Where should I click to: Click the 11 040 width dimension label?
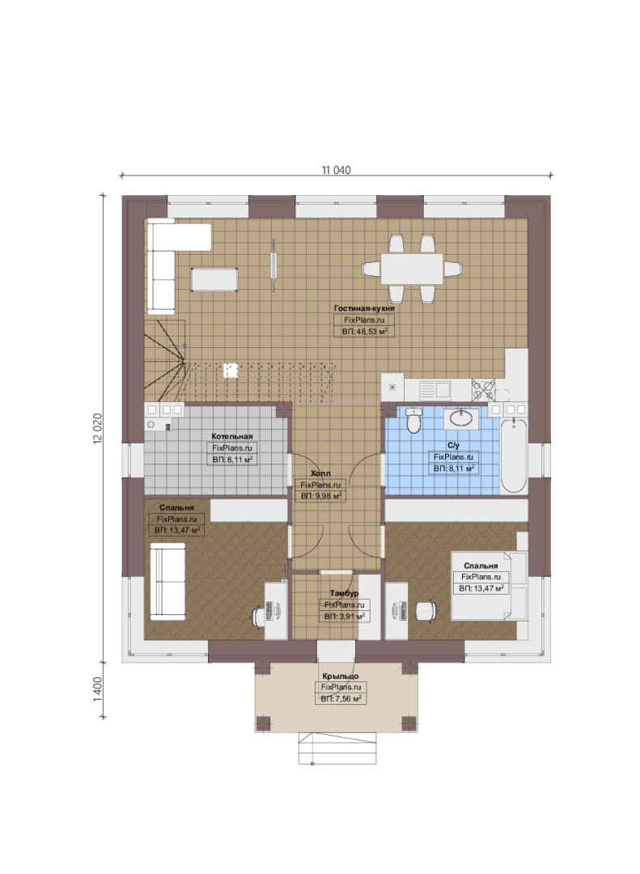(336, 170)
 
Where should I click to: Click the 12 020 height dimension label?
(98, 429)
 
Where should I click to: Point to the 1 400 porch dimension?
(98, 689)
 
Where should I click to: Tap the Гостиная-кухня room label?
(365, 308)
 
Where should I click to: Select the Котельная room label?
(232, 436)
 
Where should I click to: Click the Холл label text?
(320, 473)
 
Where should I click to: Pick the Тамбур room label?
(344, 593)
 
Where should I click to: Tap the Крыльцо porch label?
(340, 676)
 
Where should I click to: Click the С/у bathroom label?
(453, 445)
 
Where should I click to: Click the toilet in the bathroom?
(413, 420)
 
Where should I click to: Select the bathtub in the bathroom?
(514, 456)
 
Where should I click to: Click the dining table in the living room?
(413, 269)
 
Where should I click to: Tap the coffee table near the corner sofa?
(214, 279)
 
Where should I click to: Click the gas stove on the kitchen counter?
(483, 389)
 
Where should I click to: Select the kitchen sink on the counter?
(434, 389)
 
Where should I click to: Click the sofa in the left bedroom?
(167, 581)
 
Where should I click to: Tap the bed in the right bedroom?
(489, 585)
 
